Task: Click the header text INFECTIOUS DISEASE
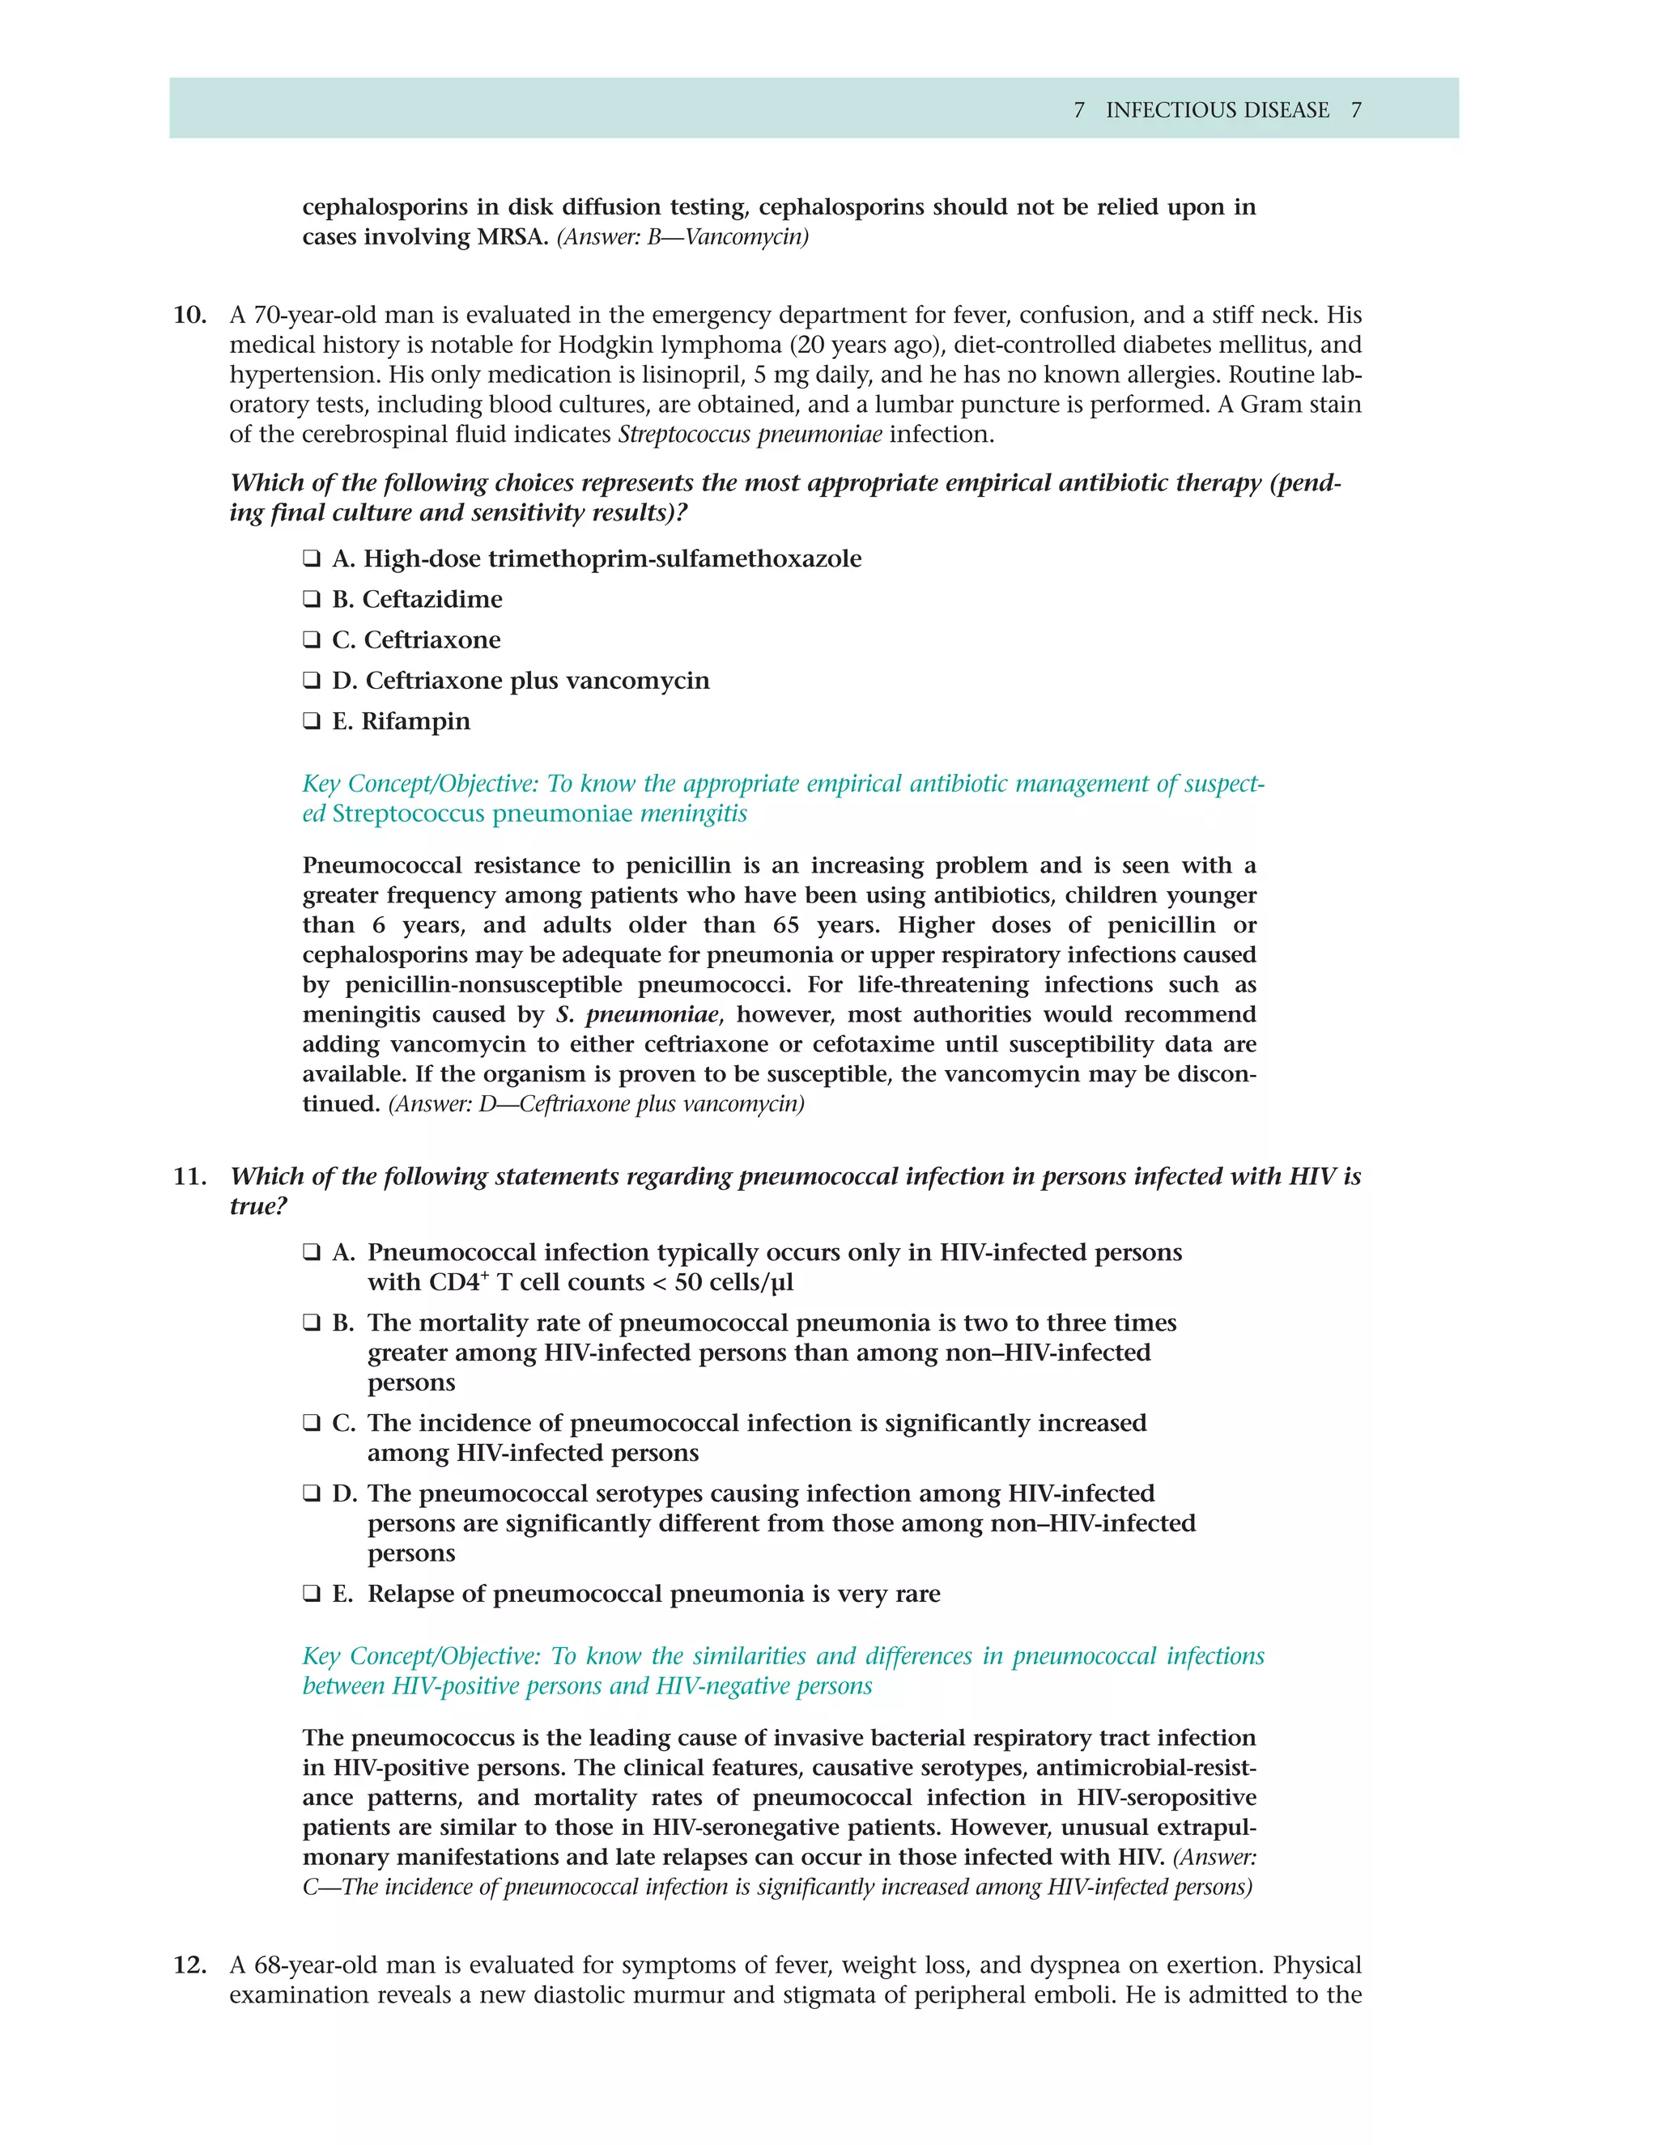tap(1217, 110)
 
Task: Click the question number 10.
tap(189, 315)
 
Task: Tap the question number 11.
tap(189, 1177)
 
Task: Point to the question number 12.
tap(189, 1965)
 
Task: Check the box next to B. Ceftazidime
tap(312, 600)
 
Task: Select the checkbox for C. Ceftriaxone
tap(312, 640)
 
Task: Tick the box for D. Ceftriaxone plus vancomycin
tap(312, 681)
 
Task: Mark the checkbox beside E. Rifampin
tap(312, 722)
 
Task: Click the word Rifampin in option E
tap(415, 722)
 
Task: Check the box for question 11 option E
tap(312, 1594)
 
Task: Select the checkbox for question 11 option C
tap(312, 1424)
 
